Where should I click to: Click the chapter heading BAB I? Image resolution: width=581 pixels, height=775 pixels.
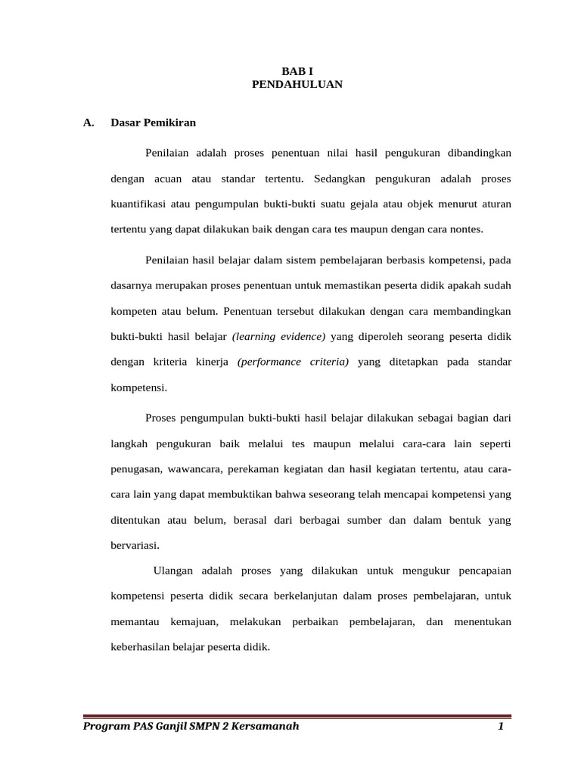(x=297, y=71)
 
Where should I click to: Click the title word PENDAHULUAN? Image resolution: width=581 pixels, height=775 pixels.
(x=297, y=85)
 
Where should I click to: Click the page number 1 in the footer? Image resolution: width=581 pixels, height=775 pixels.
(x=500, y=727)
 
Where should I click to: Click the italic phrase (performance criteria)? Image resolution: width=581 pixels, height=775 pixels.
(x=293, y=362)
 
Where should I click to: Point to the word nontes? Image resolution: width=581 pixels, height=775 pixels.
(x=465, y=229)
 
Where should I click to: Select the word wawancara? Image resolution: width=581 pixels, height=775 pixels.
(x=193, y=469)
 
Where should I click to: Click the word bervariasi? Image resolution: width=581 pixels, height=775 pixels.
(x=135, y=545)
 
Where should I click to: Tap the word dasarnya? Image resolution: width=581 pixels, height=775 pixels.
(x=130, y=287)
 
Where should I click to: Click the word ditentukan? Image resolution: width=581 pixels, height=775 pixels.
(x=135, y=520)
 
